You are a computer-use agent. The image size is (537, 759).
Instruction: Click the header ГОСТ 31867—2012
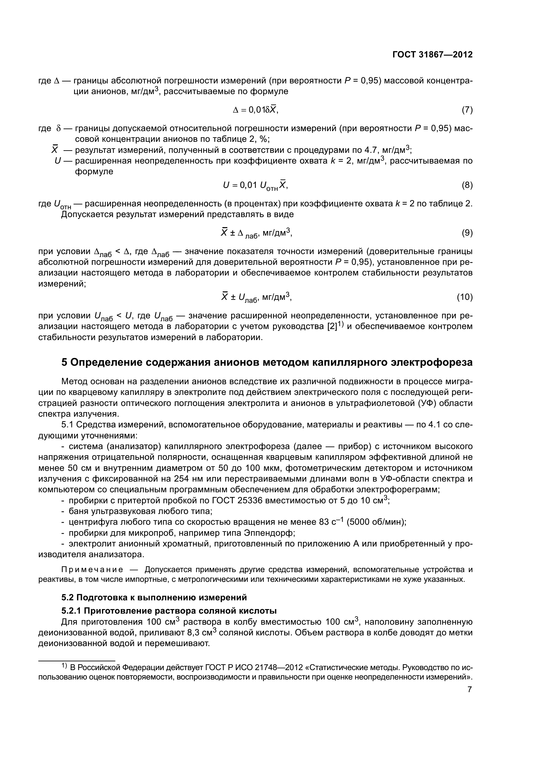tap(432, 55)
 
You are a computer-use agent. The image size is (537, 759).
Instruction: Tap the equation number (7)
tap(467, 110)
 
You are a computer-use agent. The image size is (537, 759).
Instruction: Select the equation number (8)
tap(467, 186)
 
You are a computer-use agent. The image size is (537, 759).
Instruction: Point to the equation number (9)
tap(467, 233)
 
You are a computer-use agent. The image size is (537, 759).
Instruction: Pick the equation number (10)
tap(465, 297)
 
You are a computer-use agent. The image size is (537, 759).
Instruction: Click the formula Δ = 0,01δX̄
tap(256, 110)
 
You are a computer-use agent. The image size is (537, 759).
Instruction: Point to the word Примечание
tap(92, 569)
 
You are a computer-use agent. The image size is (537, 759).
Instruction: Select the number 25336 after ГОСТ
tap(247, 500)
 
